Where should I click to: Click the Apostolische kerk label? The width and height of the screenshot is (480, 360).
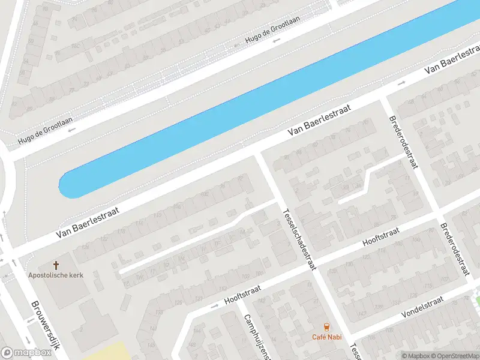[56, 275]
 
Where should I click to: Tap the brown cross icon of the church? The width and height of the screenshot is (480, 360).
[56, 265]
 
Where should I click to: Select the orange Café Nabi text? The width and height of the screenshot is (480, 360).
[326, 337]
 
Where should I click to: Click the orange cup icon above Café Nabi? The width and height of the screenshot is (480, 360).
[326, 326]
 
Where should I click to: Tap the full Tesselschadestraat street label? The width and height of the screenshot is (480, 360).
[298, 236]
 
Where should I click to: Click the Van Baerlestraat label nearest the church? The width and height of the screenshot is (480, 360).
[88, 221]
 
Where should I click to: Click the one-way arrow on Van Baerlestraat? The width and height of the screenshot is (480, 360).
[401, 82]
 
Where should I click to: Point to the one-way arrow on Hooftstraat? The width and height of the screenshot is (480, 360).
[214, 306]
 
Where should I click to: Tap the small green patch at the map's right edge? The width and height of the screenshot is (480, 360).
[477, 294]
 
